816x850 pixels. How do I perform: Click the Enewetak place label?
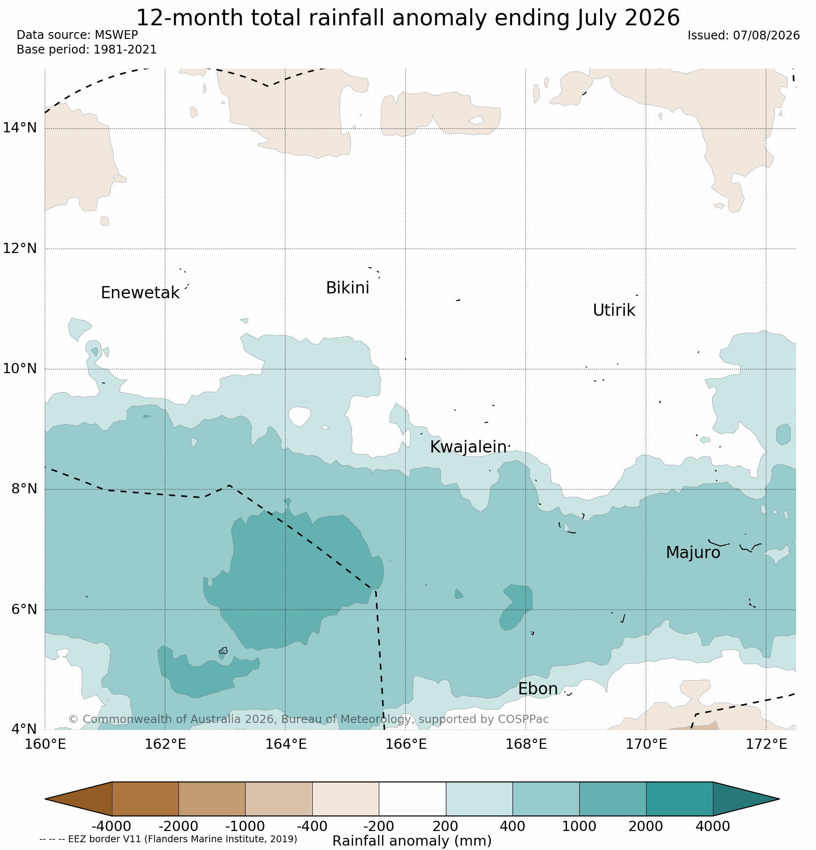click(x=140, y=293)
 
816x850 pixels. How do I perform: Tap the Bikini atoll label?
click(x=347, y=288)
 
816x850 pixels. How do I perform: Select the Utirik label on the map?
click(x=614, y=310)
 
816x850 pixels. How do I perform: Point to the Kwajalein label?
click(x=468, y=447)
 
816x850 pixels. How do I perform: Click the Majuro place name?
click(x=693, y=553)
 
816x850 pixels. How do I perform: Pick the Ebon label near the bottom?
click(x=538, y=689)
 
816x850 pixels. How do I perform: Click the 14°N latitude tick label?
click(x=20, y=128)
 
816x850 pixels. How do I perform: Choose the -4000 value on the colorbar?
click(x=111, y=826)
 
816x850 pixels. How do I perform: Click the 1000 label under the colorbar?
click(x=579, y=826)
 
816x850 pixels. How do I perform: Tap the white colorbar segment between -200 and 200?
click(x=412, y=799)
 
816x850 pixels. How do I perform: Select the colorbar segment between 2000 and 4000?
click(x=679, y=799)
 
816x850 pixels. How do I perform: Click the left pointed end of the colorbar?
click(x=46, y=799)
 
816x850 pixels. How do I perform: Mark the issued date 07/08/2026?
click(x=766, y=36)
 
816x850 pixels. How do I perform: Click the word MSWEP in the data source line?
click(x=116, y=35)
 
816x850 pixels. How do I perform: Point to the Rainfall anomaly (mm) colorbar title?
click(x=412, y=841)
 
